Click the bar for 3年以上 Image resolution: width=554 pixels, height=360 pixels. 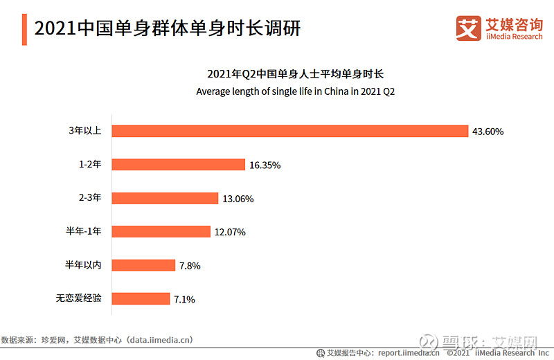point(289,132)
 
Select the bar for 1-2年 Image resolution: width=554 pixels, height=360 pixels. point(178,165)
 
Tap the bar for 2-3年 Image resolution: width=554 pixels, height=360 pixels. point(165,198)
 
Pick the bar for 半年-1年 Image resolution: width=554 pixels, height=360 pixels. point(161,232)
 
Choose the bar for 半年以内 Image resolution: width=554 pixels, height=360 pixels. point(143,265)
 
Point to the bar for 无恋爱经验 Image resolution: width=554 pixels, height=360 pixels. point(141,298)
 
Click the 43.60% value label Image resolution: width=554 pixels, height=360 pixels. point(488,132)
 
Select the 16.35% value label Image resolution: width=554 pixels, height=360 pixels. point(265,165)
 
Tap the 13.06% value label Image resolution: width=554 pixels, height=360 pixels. point(238,199)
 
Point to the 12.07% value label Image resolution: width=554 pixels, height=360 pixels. point(230,232)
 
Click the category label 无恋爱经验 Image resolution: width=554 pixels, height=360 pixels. point(79,298)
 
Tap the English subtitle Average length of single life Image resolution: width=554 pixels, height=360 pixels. point(295,91)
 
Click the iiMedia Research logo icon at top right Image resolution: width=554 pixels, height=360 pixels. point(469,28)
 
